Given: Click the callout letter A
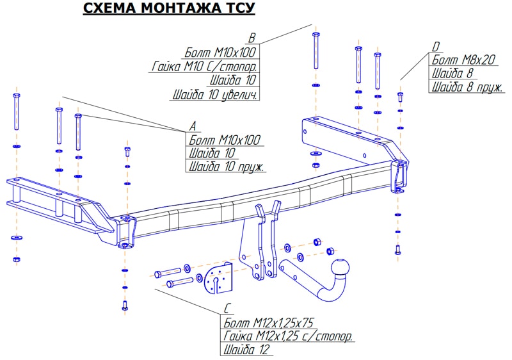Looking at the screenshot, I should tap(192, 126).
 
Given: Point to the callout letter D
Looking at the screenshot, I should tap(435, 46).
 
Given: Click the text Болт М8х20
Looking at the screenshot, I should tap(464, 60).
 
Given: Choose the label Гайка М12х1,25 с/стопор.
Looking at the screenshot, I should tap(288, 336).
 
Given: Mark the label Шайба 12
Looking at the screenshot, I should tap(247, 350).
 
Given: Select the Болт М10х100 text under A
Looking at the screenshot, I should tap(225, 140).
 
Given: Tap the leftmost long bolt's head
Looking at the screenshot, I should tap(16, 96).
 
